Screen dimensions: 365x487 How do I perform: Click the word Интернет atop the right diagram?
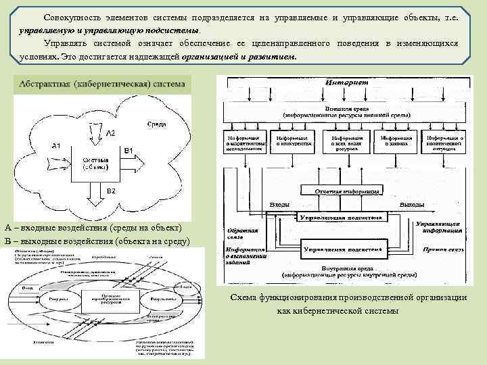point(346,82)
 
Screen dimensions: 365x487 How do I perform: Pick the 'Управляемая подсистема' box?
point(344,249)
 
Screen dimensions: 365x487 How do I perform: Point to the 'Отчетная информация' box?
point(347,192)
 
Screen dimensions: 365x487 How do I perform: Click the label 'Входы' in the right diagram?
point(281,204)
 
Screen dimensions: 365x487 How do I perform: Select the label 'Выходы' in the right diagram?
point(412,204)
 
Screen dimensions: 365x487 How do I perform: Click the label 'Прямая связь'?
point(440,249)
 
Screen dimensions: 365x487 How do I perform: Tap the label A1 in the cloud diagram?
point(57,145)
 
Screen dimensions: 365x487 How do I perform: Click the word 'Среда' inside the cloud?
point(156,124)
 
